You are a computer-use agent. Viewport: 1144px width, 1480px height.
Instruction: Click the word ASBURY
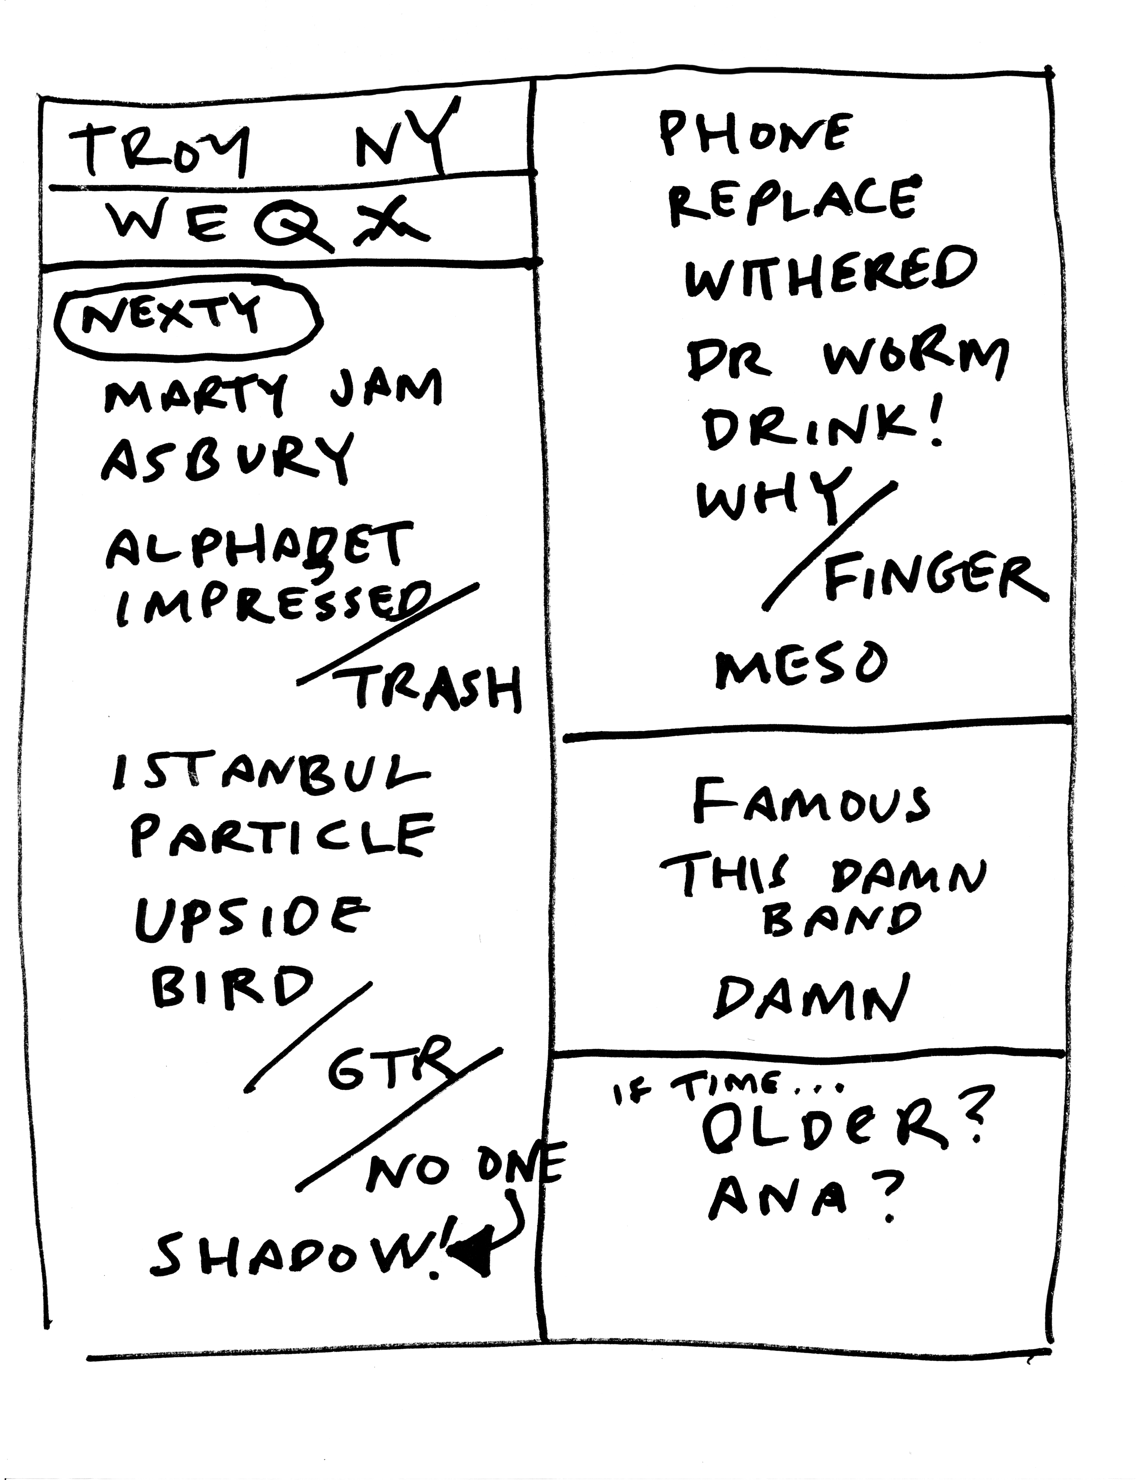pos(227,457)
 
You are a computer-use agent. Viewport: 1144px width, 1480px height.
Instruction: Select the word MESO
pos(800,665)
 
